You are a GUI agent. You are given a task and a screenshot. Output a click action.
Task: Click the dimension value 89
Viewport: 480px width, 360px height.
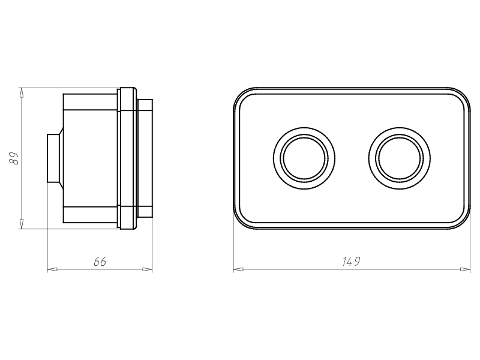click(x=14, y=158)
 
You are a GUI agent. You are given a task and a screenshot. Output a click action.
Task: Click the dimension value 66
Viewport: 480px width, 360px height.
click(x=100, y=262)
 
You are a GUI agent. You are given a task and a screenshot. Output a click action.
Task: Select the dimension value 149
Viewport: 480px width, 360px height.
click(x=351, y=262)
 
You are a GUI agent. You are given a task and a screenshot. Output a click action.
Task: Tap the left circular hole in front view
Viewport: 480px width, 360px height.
click(x=304, y=158)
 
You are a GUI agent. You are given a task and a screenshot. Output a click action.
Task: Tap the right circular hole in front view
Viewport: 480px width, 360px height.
click(x=400, y=158)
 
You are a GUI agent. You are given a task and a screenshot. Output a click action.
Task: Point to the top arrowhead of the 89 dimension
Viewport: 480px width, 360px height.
click(x=21, y=92)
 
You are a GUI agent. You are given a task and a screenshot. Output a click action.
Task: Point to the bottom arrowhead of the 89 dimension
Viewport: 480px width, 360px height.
click(x=21, y=224)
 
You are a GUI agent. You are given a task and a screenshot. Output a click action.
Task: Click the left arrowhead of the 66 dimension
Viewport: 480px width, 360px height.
click(x=52, y=269)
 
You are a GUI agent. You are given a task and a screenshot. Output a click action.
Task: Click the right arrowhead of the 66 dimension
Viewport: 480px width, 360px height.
click(x=148, y=269)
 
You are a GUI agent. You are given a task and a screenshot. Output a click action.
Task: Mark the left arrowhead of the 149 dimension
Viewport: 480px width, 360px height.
click(x=238, y=269)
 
